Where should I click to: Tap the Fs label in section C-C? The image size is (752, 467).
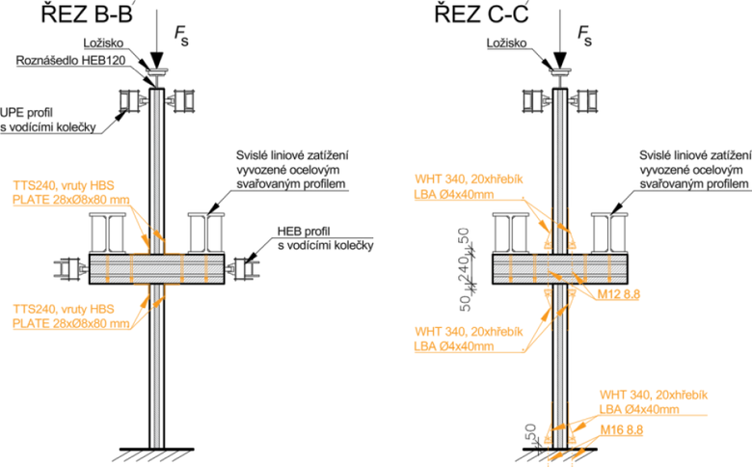tap(584, 36)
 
